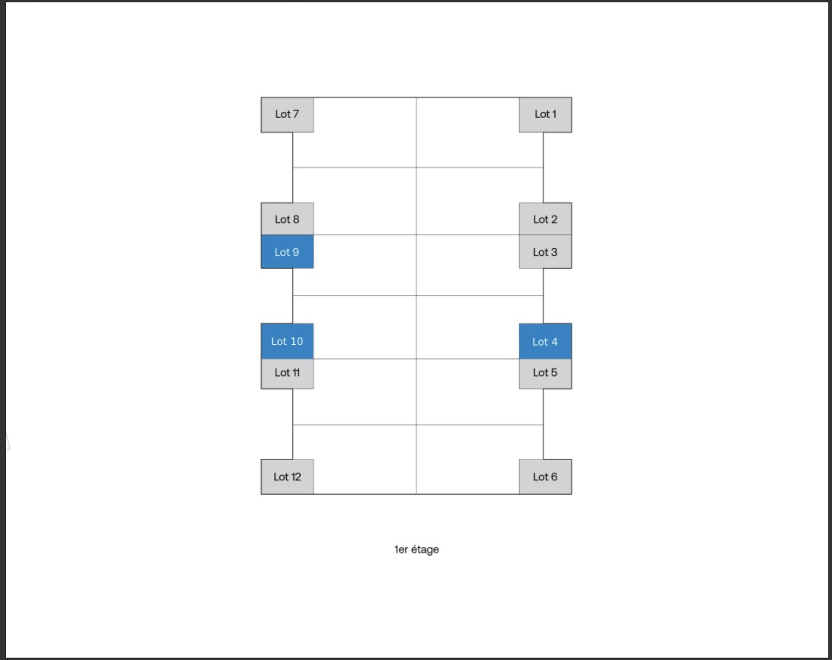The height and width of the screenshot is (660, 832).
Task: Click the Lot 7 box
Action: pos(287,115)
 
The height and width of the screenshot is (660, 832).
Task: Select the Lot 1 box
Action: pos(546,115)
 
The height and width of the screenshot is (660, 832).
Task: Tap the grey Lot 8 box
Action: pos(287,218)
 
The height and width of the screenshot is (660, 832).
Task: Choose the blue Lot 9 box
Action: pos(287,251)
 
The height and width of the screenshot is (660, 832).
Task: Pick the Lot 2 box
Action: pos(546,218)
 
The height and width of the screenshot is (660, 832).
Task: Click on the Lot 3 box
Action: pos(546,251)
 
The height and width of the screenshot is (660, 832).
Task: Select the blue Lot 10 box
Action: pos(287,341)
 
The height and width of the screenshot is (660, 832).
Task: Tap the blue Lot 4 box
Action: pos(546,341)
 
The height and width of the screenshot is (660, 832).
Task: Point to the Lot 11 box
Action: pos(287,374)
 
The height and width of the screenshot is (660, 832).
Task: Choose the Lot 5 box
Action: pos(546,374)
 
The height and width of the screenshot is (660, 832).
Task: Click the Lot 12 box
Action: pos(287,477)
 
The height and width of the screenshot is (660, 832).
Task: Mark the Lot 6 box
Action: pos(546,477)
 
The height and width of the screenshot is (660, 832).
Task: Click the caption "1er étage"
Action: pos(416,550)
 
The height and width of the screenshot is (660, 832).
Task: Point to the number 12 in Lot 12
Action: pos(295,477)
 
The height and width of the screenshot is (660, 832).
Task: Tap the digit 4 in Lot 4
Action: pos(554,342)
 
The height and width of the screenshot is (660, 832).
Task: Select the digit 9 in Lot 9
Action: pos(295,252)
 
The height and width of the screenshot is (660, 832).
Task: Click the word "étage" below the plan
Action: pos(425,550)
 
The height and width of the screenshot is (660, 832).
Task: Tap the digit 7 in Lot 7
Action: pos(295,114)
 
